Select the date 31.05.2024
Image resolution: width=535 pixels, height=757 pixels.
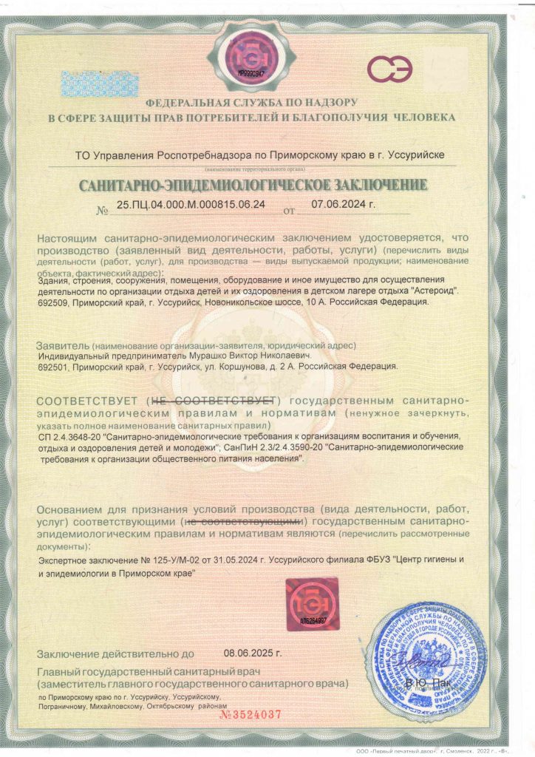pos(215,560)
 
